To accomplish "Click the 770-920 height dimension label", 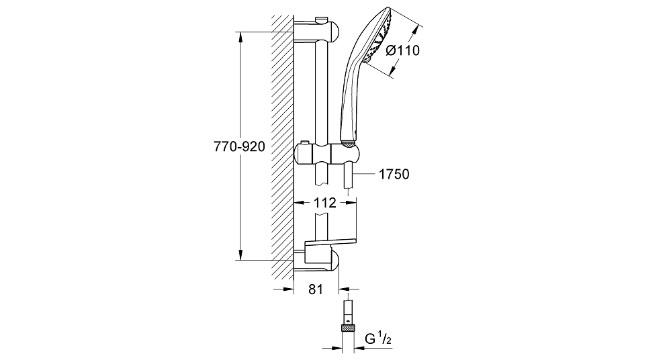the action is point(240,147).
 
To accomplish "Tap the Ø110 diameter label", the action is point(403,50).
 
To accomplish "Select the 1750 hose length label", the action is point(394,174).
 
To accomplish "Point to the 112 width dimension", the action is point(325,203).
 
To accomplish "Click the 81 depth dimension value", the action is point(316,289).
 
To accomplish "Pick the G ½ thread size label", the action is point(378,339).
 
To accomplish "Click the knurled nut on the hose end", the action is point(349,328).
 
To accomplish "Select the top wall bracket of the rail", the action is point(316,31).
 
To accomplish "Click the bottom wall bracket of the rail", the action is point(316,261).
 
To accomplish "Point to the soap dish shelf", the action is point(330,245).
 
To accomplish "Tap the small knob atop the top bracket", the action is point(320,19).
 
